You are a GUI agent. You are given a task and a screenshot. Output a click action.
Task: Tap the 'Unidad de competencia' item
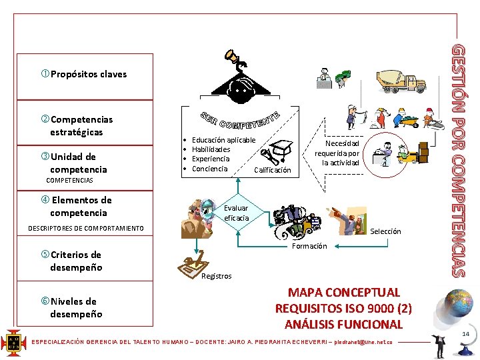tap(73, 163)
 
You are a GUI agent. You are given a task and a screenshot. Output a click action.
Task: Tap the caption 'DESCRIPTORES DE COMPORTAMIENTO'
tap(85, 229)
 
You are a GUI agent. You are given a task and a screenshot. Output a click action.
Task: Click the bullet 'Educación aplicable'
tap(223, 140)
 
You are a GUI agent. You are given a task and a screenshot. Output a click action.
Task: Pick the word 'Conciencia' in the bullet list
tap(209, 168)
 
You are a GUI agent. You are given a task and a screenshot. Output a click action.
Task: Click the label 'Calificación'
tap(273, 170)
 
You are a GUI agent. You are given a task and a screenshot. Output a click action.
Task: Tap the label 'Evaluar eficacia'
tap(236, 213)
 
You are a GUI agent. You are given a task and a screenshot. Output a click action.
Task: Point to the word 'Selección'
tap(385, 231)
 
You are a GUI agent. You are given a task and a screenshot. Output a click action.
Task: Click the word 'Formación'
tap(309, 246)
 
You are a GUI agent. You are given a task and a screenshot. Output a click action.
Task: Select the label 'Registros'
tap(216, 276)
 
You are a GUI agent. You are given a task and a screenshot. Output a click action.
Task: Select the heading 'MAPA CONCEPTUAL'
tap(343, 292)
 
